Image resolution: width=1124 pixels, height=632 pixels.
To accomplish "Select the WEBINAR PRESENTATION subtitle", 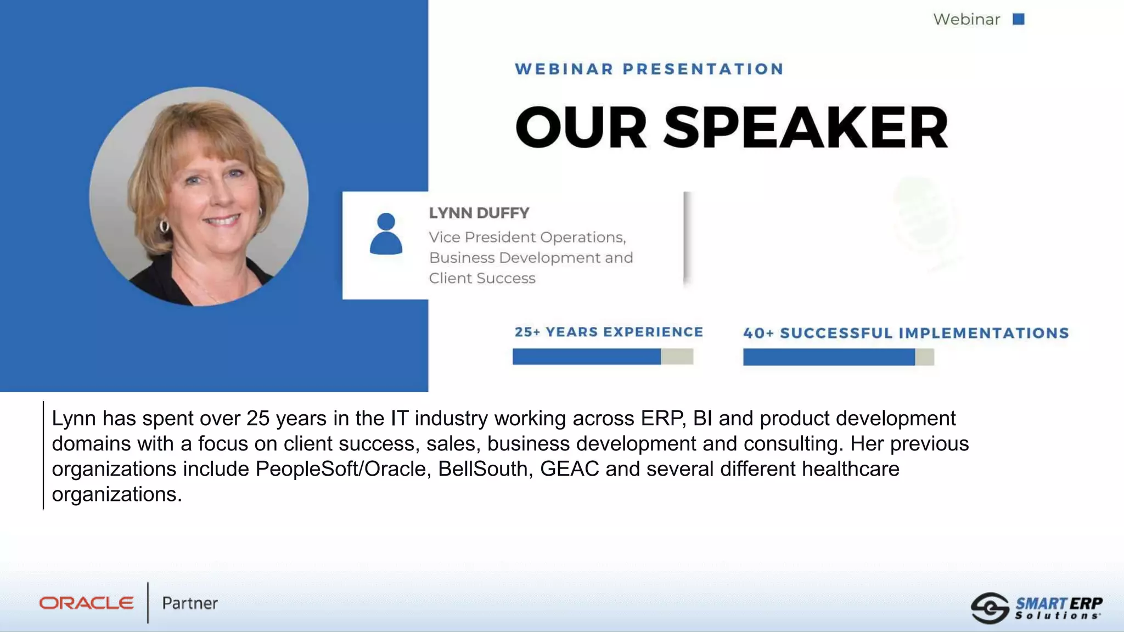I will pos(649,69).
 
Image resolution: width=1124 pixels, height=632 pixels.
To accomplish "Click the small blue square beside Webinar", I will pos(1019,19).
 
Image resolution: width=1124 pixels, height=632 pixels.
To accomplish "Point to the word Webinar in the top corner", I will pos(966,20).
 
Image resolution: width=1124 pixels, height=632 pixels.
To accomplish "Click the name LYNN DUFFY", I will pos(479,213).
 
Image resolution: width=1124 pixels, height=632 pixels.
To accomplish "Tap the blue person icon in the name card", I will pos(386,234).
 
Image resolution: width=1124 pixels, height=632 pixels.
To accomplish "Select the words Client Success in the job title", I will pos(482,278).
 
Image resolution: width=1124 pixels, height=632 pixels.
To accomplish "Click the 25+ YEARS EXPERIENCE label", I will pos(609,332).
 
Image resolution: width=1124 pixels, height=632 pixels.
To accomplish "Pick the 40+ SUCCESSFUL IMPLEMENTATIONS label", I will pos(906,333).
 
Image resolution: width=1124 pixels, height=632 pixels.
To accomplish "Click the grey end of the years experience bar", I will pos(677,357).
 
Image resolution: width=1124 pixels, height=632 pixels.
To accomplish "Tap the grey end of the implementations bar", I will pos(924,357).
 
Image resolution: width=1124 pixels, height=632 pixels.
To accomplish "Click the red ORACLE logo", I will pos(86,603).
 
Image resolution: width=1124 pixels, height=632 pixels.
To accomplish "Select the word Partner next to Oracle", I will pos(190,603).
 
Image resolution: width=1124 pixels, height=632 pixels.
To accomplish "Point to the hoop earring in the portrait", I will pos(164,225).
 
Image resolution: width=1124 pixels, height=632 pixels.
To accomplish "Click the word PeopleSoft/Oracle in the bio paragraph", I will pos(341,469).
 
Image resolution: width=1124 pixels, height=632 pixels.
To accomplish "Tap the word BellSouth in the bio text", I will pos(485,469).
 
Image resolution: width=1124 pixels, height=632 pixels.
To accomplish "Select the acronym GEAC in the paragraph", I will pos(569,469).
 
